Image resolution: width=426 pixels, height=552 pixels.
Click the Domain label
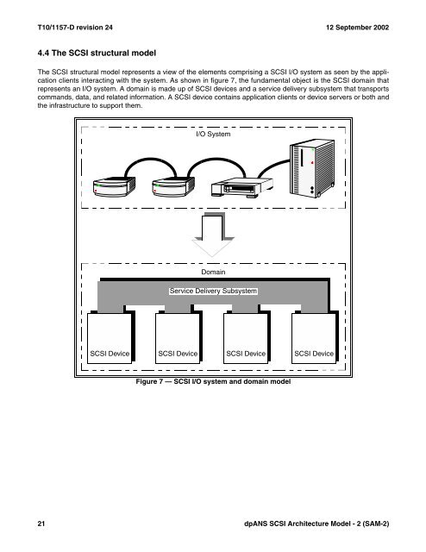(x=212, y=273)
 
